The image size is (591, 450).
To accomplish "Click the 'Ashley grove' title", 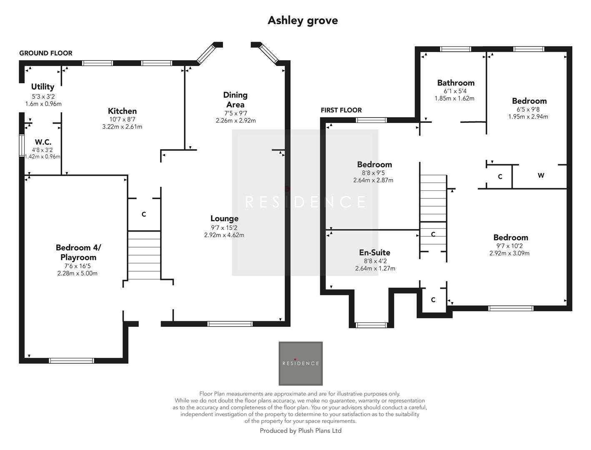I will coord(303,20).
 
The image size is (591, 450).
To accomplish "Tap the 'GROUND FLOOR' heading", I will coord(46,53).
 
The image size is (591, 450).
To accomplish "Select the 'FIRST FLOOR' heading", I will coord(341,110).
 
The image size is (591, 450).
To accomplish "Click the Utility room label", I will coord(43,87).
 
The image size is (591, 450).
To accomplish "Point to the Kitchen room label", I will coord(122,111).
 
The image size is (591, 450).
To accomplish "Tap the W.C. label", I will coord(43,142).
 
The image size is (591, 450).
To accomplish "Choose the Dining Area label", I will coord(235,100).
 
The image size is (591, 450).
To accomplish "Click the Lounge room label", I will coord(224,219).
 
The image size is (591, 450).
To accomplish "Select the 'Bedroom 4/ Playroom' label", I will coord(78,252).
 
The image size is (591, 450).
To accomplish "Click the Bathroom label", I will coord(456,83).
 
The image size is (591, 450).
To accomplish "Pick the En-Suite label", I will coord(375,252).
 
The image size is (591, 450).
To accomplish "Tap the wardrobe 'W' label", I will coord(541,175).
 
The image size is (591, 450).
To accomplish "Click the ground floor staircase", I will coord(144,255).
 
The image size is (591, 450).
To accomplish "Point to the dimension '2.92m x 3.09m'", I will coord(509,253).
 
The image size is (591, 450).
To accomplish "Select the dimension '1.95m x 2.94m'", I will coord(528,117).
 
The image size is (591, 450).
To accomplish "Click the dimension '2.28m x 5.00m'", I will coord(78,273).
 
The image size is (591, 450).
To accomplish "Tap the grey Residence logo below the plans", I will coord(301,363).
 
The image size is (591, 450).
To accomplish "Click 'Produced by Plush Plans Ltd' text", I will coord(301,431).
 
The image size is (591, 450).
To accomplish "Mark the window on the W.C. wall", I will coord(22,145).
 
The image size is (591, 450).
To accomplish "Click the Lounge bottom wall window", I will coord(230,324).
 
